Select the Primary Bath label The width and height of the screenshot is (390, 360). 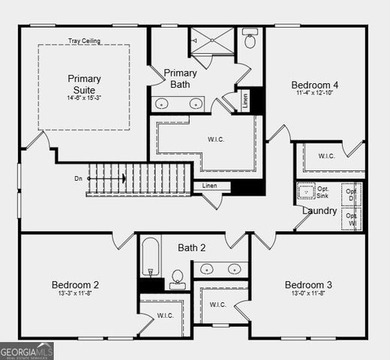181,78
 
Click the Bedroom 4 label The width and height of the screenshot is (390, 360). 315,85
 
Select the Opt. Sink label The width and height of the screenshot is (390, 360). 323,192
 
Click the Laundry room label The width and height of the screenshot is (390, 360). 319,211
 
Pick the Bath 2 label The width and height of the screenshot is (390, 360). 191,247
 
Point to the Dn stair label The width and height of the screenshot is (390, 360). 78,178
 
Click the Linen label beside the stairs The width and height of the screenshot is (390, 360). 210,185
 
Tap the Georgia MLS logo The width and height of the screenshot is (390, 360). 27,350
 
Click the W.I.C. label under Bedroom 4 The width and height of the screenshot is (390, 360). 326,156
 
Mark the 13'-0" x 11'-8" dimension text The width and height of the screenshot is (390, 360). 308,295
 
